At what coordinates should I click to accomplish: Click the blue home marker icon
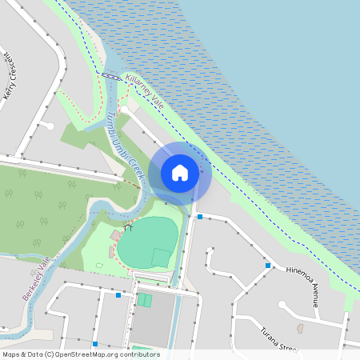click(180, 172)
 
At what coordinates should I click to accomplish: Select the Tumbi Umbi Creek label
click(122, 145)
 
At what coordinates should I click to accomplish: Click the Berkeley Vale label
click(35, 278)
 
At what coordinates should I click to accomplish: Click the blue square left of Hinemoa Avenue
click(267, 266)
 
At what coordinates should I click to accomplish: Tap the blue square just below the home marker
click(199, 217)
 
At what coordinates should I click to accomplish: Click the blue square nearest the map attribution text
click(94, 344)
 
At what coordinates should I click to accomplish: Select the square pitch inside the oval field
click(161, 258)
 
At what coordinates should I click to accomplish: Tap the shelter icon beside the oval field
click(126, 228)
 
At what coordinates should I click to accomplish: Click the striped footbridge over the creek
click(111, 76)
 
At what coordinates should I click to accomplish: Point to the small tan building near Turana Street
click(300, 328)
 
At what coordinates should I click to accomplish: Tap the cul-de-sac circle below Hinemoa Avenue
click(282, 304)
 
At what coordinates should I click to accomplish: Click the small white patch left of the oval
click(99, 265)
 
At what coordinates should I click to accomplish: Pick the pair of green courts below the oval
click(144, 299)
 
